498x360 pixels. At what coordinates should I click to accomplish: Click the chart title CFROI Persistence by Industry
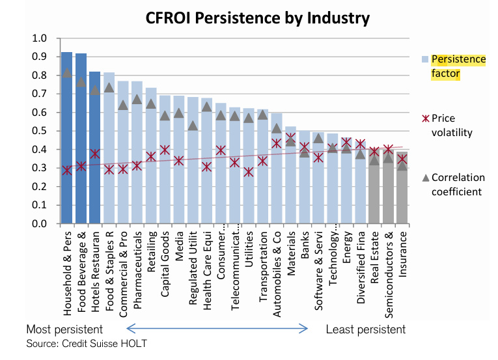[257, 18]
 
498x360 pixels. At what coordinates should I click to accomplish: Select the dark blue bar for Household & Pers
[66, 143]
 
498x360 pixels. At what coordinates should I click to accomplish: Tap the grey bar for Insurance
[403, 195]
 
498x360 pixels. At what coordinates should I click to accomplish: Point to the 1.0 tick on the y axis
[40, 38]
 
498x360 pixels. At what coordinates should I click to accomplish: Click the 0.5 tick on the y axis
[40, 132]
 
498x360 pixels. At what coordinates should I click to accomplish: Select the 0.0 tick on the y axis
[40, 224]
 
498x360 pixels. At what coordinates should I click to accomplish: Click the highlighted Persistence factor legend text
[459, 66]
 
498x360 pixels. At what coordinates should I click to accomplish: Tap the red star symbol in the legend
[424, 118]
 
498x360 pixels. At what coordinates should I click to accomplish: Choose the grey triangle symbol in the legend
[424, 177]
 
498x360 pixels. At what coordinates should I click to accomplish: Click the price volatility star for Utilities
[248, 173]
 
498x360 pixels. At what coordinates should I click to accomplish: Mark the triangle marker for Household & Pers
[66, 72]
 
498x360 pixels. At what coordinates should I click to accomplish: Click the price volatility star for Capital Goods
[165, 150]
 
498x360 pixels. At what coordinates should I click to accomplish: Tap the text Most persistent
[64, 329]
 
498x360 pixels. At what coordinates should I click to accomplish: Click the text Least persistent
[365, 329]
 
